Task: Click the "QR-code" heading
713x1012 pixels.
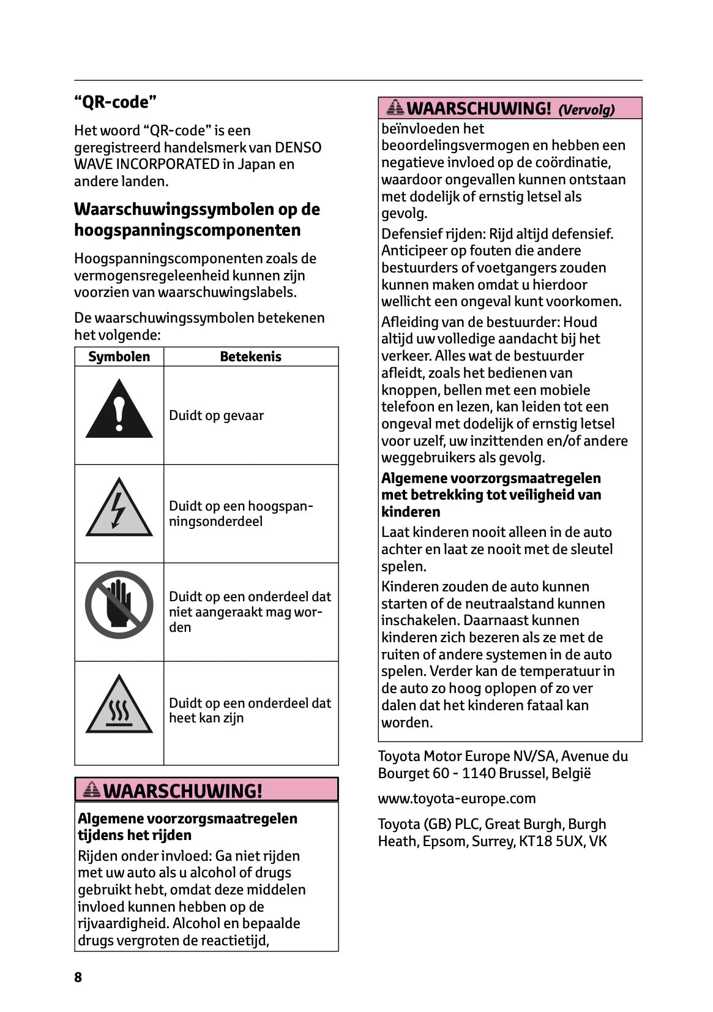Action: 115,102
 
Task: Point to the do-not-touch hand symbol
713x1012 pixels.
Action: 119,604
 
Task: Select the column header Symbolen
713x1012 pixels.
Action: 119,357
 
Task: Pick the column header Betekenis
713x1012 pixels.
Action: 250,357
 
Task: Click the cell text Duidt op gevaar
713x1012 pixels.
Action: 216,416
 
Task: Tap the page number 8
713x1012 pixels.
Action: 78,977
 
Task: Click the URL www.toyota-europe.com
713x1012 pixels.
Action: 457,798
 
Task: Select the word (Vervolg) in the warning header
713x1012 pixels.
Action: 586,110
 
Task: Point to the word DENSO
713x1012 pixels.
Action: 298,148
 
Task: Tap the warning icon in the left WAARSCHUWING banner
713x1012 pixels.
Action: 92,790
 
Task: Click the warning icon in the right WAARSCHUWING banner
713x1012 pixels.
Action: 395,108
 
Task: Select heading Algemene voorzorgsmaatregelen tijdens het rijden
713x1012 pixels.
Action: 187,826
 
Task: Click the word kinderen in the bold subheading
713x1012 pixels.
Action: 411,512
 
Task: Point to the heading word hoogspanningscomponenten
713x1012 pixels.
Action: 187,230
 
